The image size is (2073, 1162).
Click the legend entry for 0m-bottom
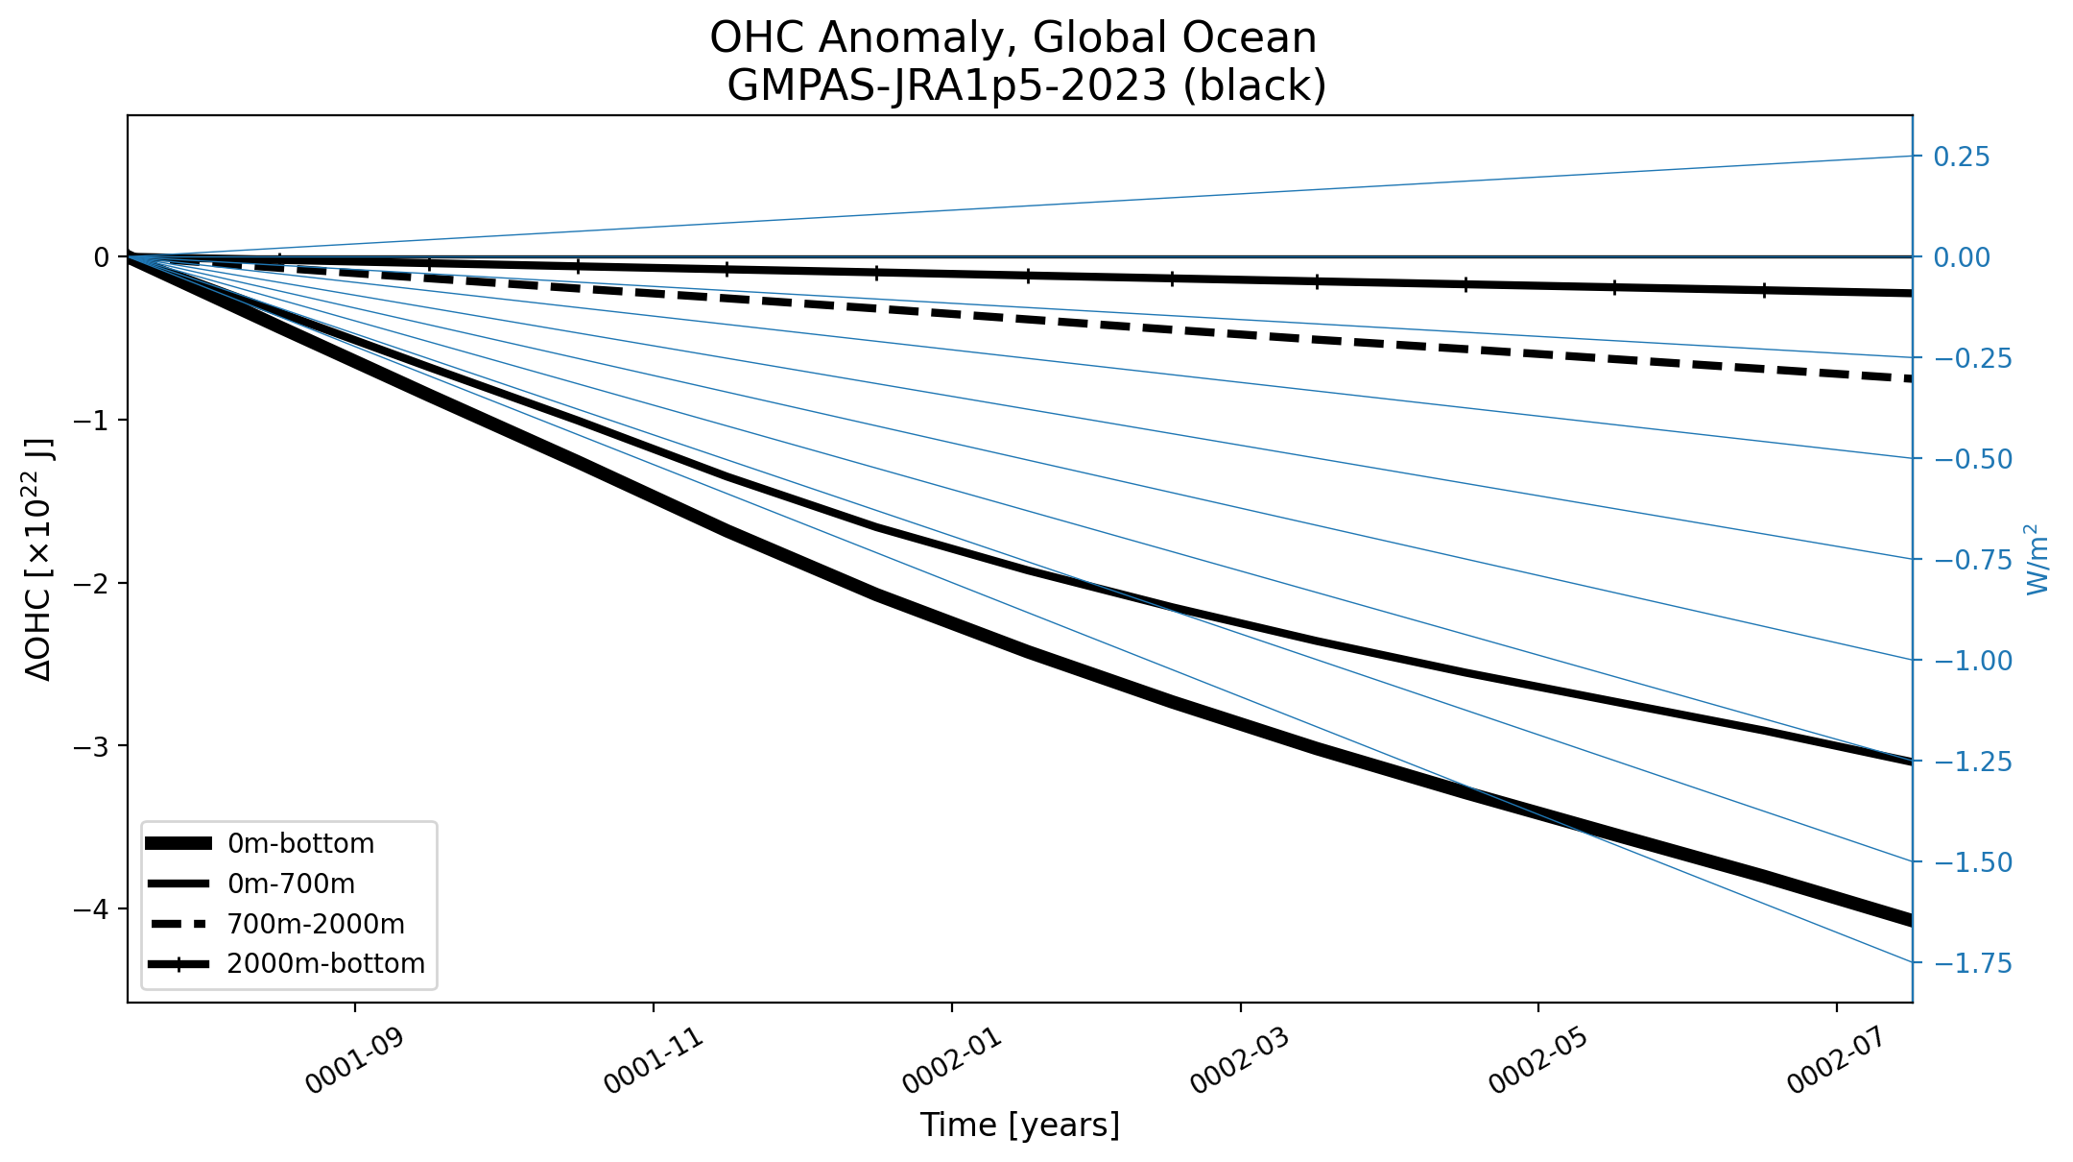[x=259, y=843]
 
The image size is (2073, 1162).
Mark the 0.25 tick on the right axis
[x=1962, y=157]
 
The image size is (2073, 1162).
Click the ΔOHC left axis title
[x=39, y=559]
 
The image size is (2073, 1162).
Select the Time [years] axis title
[x=1020, y=1125]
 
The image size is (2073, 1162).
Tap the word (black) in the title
[x=1255, y=85]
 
